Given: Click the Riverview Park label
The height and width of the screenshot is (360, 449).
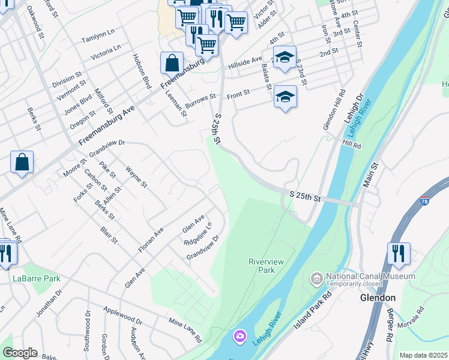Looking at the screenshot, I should pos(262,266).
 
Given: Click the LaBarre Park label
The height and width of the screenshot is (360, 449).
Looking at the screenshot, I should pos(37,279).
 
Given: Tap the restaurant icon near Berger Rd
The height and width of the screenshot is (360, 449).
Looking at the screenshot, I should pos(398,253).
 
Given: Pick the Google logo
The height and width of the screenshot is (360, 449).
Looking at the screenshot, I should pos(20,353).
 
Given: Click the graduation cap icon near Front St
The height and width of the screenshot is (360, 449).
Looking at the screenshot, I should pos(286,97).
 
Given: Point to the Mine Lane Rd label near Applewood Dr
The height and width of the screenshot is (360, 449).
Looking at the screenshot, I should pos(185,331).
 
